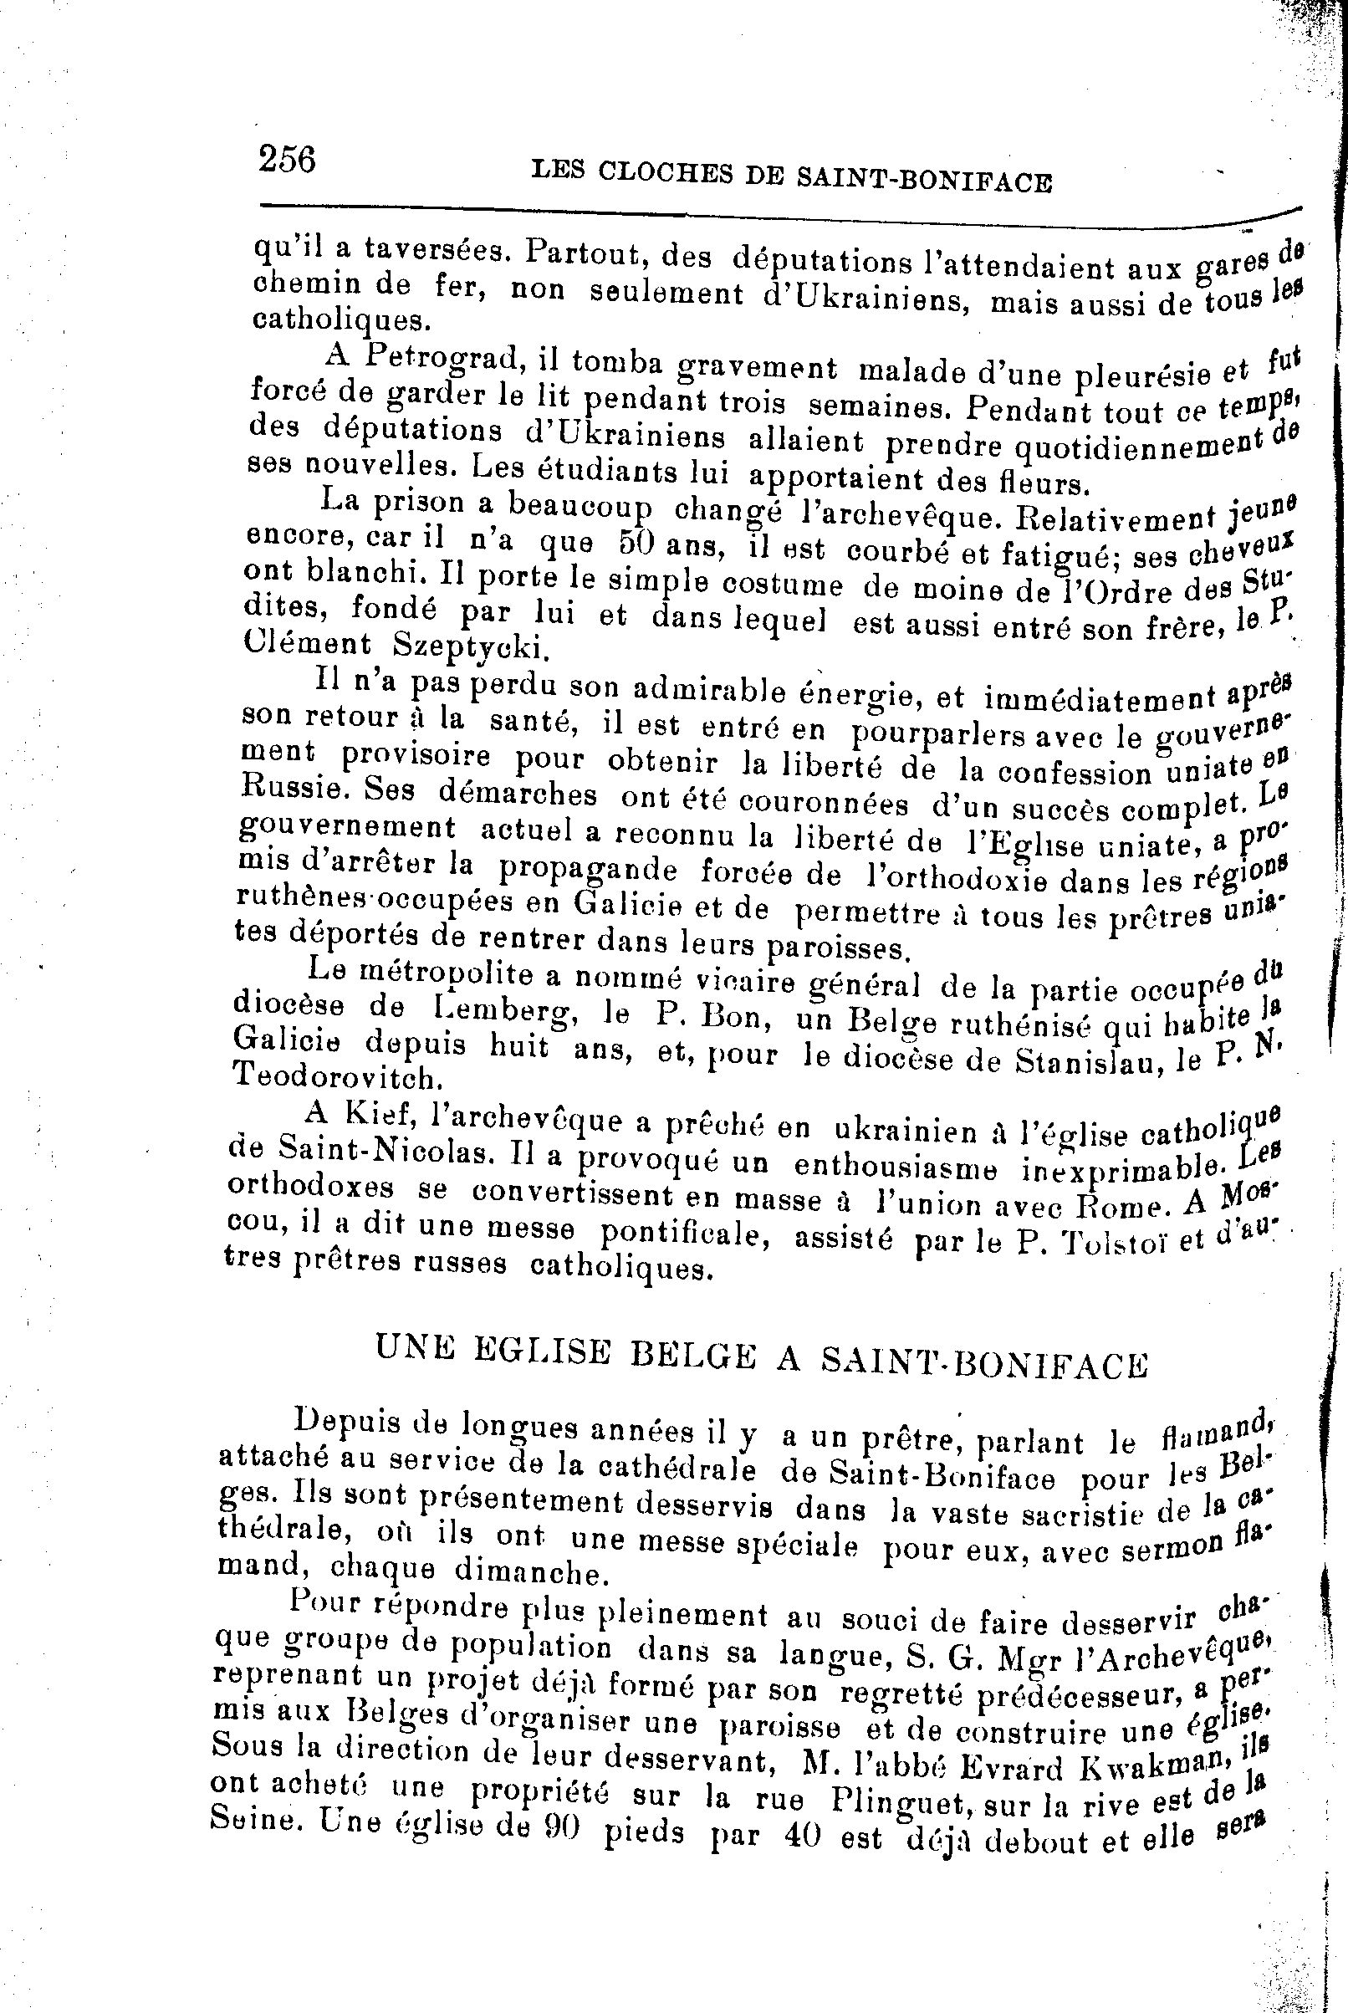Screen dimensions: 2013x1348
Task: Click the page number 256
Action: coord(287,160)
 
